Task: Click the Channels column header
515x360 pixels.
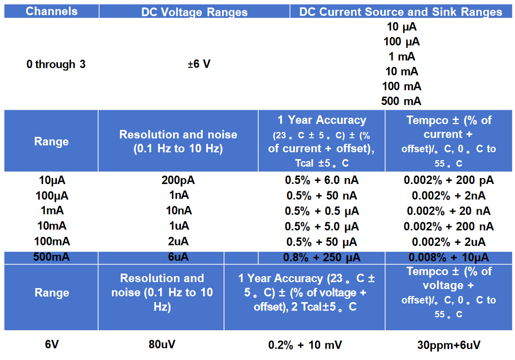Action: tap(52, 11)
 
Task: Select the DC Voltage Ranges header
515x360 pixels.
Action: tap(194, 12)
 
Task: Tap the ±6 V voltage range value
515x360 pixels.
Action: tap(199, 64)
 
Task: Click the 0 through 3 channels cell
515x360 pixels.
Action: tap(56, 64)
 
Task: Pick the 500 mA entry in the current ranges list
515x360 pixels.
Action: tap(401, 101)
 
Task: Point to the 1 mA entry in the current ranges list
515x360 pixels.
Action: tap(401, 57)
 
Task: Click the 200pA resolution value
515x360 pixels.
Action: tap(178, 180)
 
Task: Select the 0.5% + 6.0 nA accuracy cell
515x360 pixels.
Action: tap(322, 180)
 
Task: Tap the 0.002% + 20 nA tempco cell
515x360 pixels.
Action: tap(448, 211)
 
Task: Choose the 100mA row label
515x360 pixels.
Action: tap(52, 241)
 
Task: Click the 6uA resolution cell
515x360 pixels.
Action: tap(178, 257)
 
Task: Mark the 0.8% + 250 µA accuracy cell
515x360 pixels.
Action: tap(322, 257)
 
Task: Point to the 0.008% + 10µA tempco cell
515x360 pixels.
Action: tap(448, 257)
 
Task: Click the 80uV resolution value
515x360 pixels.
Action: tap(162, 344)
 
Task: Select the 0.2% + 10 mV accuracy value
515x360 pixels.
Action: tap(305, 345)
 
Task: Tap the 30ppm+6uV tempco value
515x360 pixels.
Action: tap(449, 345)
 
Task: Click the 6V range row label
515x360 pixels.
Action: tap(52, 344)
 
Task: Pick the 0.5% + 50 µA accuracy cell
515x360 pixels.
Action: tap(322, 242)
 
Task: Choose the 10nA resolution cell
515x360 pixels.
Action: tap(178, 211)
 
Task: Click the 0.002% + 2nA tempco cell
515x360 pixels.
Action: tap(448, 196)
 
